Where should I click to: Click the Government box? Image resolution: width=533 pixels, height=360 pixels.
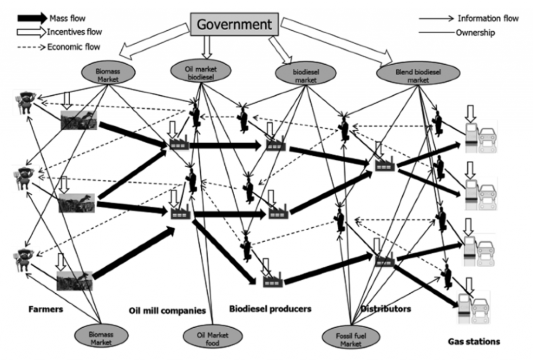click(234, 24)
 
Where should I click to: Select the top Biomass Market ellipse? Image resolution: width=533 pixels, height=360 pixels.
click(108, 72)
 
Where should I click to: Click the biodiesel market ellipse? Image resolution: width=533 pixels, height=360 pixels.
click(306, 74)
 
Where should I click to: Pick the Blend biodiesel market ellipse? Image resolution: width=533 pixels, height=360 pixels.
click(418, 73)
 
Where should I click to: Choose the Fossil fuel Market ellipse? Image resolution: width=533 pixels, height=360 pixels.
click(351, 337)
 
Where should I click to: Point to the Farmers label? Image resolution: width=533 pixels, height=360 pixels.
click(46, 309)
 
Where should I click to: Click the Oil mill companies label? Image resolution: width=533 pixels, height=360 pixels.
click(167, 311)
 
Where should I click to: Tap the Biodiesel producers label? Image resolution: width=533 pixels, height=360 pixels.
click(270, 309)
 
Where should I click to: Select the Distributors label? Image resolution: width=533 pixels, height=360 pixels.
click(386, 309)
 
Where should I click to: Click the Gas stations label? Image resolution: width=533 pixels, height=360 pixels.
click(474, 341)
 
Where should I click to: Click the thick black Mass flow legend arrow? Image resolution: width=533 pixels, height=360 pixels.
click(32, 18)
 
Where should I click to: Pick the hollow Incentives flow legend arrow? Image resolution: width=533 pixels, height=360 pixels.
click(31, 32)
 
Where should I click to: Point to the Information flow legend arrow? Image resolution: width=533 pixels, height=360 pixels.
click(436, 18)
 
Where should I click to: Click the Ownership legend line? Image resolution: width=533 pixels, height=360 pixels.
click(437, 33)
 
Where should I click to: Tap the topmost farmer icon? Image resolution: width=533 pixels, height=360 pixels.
click(25, 103)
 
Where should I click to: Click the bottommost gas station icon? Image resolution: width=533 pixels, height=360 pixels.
click(473, 307)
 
